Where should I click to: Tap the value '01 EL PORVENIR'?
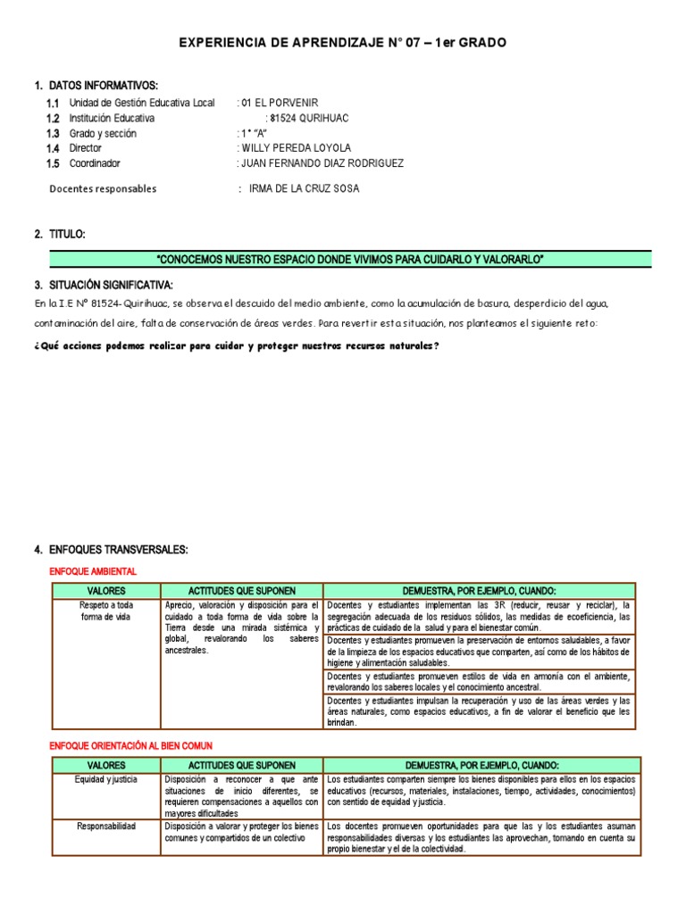279,104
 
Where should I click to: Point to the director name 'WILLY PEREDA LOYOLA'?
296,148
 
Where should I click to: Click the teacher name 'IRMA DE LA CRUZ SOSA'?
304,189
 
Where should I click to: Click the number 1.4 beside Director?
53,149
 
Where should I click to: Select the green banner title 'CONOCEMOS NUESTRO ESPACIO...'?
350,260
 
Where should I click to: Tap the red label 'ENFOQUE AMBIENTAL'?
92,571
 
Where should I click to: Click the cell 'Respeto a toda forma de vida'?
106,611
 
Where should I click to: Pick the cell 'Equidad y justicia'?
106,779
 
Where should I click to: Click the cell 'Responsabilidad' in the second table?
106,827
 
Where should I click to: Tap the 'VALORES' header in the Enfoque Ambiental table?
106,591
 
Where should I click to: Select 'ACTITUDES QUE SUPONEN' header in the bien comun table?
241,766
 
